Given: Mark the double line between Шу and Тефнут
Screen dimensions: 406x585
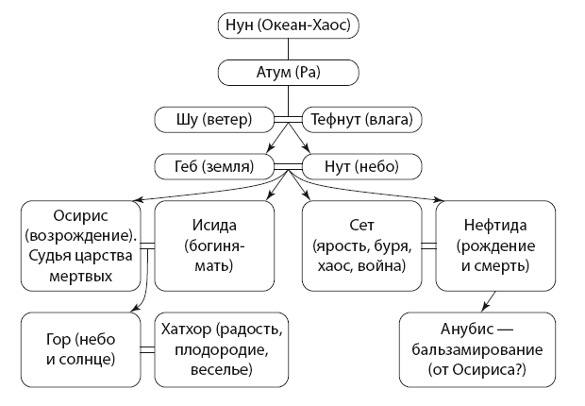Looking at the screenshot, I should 287,119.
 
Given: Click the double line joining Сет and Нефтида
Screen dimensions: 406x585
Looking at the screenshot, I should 427,245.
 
